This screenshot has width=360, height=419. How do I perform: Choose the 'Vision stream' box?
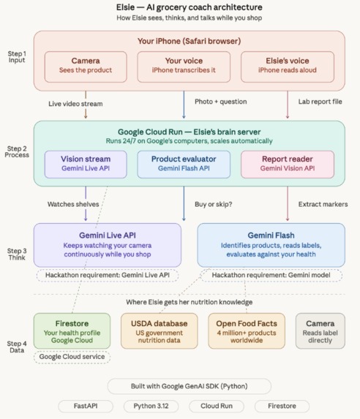click(x=86, y=164)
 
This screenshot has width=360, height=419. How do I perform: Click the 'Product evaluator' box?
click(x=184, y=164)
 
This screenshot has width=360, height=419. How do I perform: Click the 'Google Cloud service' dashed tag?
click(x=71, y=357)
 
